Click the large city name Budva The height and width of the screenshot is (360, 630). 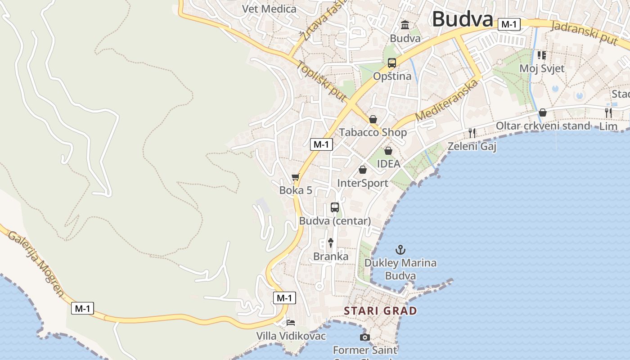coord(463,19)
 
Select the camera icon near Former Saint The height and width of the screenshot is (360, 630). coord(365,337)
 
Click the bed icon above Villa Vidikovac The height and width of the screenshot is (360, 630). coord(291,322)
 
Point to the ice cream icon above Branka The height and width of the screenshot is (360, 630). coord(331,243)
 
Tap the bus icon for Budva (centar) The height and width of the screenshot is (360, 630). coord(335,207)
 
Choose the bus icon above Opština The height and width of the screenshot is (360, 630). coord(392,63)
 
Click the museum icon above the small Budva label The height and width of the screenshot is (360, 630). coord(405,25)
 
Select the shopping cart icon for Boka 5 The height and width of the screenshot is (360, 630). coord(295,177)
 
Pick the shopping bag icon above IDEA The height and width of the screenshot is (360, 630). coord(388,150)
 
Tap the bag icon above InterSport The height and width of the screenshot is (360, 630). coord(362,170)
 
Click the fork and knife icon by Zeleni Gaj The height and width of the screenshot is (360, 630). coord(472,133)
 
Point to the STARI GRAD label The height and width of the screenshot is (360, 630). coord(380,310)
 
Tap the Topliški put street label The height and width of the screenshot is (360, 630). coord(321,81)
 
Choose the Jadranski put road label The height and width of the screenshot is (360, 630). coord(584,32)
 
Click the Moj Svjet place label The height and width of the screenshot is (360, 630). coord(542,68)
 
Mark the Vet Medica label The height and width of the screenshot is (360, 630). coord(269,9)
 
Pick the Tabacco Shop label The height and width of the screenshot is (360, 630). coord(373,132)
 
